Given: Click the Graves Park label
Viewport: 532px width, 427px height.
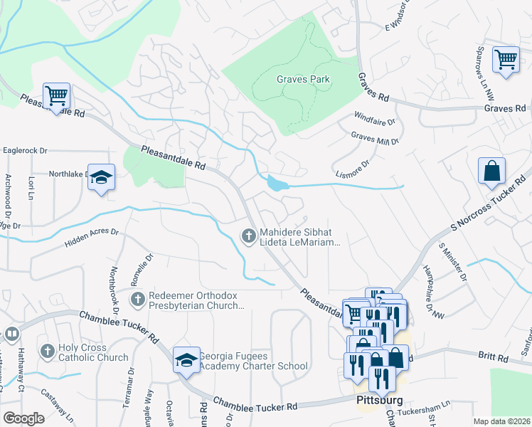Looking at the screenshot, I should (x=303, y=80).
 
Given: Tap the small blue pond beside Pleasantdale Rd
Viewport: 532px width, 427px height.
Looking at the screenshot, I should (x=275, y=184).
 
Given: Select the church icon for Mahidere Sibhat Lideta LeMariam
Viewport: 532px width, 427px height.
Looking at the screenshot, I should (x=248, y=235).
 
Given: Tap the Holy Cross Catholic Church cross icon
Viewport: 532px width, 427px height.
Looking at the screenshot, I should (x=48, y=351).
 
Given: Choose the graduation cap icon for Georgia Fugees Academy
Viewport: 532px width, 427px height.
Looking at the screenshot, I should (x=186, y=360).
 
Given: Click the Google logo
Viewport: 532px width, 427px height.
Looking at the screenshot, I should (x=23, y=418).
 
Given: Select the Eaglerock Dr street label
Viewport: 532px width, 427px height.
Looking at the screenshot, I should (x=25, y=151).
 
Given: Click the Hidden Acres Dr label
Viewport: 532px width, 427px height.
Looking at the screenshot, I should (x=91, y=238).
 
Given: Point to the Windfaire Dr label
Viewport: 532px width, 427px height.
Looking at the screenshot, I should (x=373, y=116).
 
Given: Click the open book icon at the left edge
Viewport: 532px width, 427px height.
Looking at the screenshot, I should (x=11, y=334).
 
